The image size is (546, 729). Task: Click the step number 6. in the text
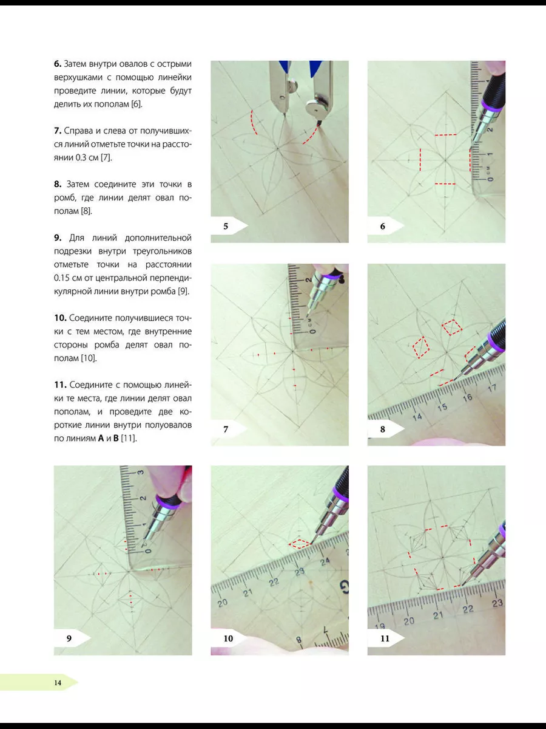(x=58, y=63)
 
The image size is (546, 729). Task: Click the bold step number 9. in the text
(x=58, y=238)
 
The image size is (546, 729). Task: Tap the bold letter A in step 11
(x=101, y=438)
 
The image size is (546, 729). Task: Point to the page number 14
(x=58, y=682)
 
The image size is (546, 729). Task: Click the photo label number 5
(x=226, y=226)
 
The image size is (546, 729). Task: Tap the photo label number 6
(x=383, y=226)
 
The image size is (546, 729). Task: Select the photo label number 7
(x=226, y=430)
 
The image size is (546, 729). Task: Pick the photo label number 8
(x=383, y=430)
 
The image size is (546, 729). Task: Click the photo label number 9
(x=69, y=638)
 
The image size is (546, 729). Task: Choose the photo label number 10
(x=229, y=638)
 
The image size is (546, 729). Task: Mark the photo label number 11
(x=385, y=638)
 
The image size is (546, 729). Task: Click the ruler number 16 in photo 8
(x=467, y=397)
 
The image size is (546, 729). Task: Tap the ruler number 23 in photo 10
(x=300, y=572)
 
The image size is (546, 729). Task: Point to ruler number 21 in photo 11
(x=438, y=615)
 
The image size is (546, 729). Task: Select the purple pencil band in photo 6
(x=493, y=106)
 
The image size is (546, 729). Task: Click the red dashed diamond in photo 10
(x=299, y=544)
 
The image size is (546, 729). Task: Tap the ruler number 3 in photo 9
(x=141, y=472)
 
